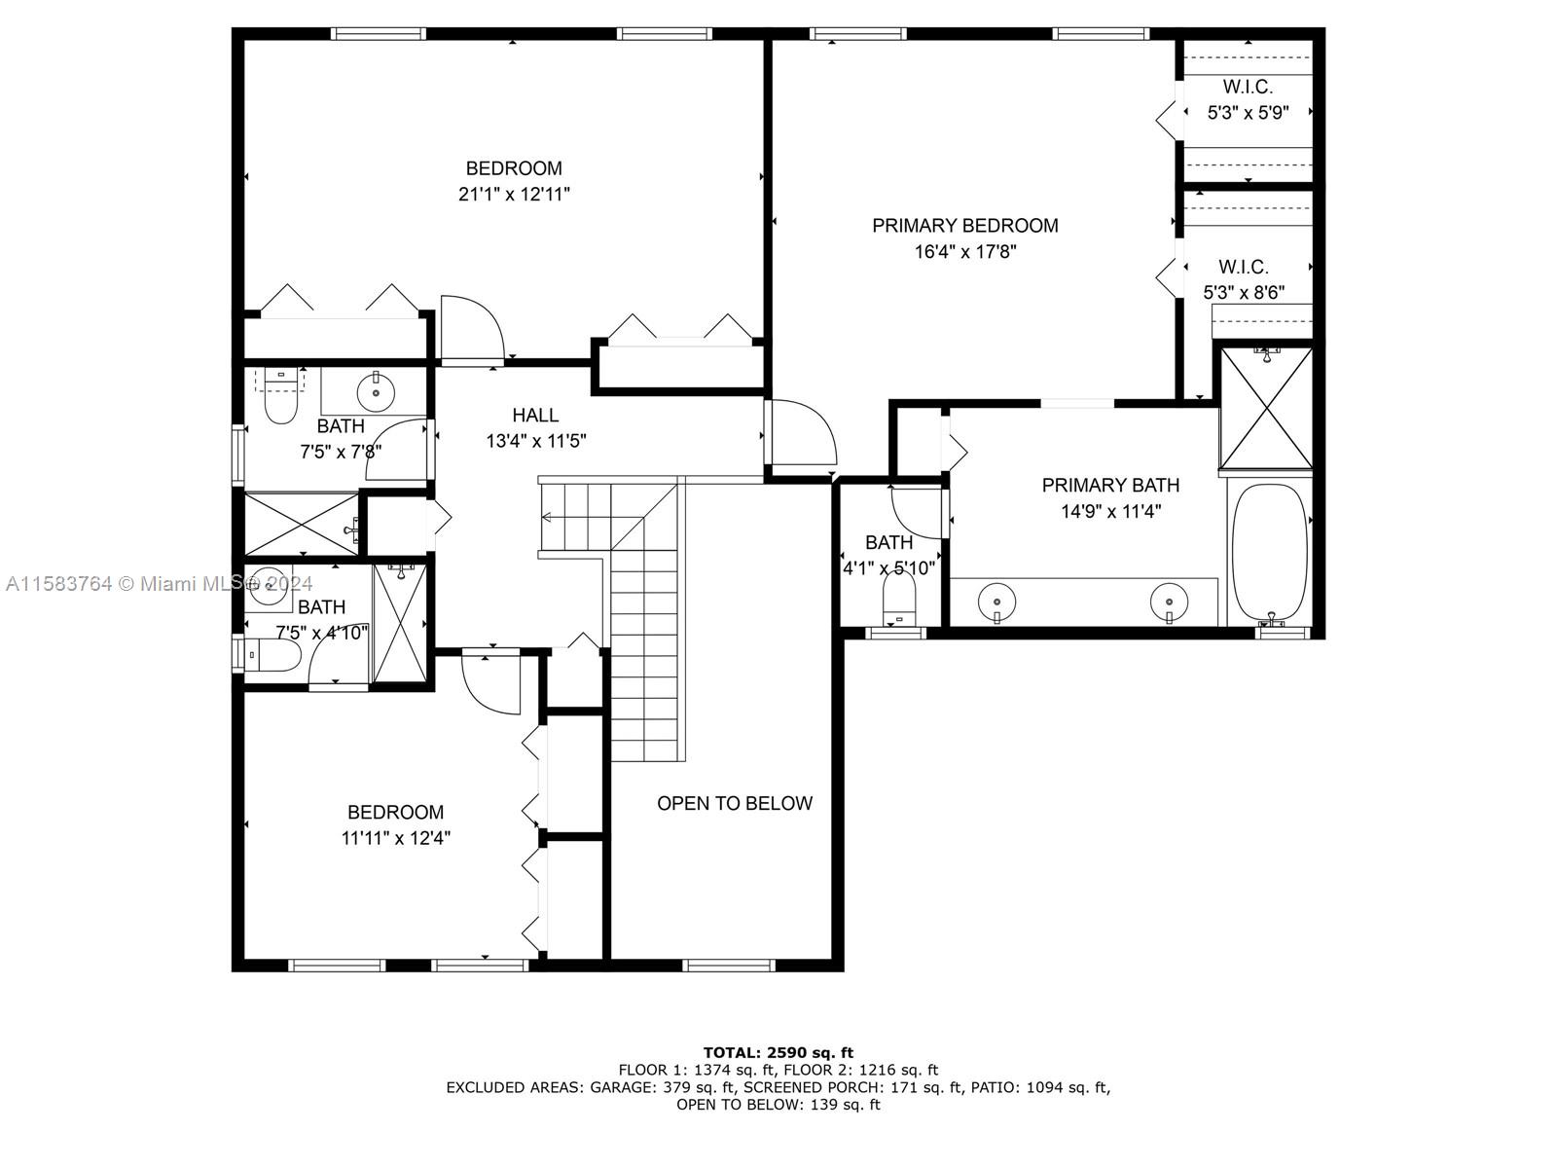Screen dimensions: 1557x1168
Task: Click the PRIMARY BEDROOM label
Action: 964,226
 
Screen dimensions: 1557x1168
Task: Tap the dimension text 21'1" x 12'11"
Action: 514,195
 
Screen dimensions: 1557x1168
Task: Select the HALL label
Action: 535,415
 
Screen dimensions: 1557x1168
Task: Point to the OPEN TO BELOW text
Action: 734,804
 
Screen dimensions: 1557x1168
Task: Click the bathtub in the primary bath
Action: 1270,552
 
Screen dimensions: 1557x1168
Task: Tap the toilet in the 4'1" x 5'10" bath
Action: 899,597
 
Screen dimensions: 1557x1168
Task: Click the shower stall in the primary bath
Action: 1267,408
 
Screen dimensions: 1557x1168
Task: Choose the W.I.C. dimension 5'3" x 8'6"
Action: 1245,292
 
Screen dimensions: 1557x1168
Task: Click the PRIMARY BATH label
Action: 1111,485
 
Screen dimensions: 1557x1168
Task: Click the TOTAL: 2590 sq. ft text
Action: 778,1052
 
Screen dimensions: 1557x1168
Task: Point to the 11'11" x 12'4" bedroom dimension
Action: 396,838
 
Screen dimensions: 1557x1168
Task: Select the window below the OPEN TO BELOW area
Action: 729,965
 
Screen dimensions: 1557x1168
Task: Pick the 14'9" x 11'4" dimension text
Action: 1111,511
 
